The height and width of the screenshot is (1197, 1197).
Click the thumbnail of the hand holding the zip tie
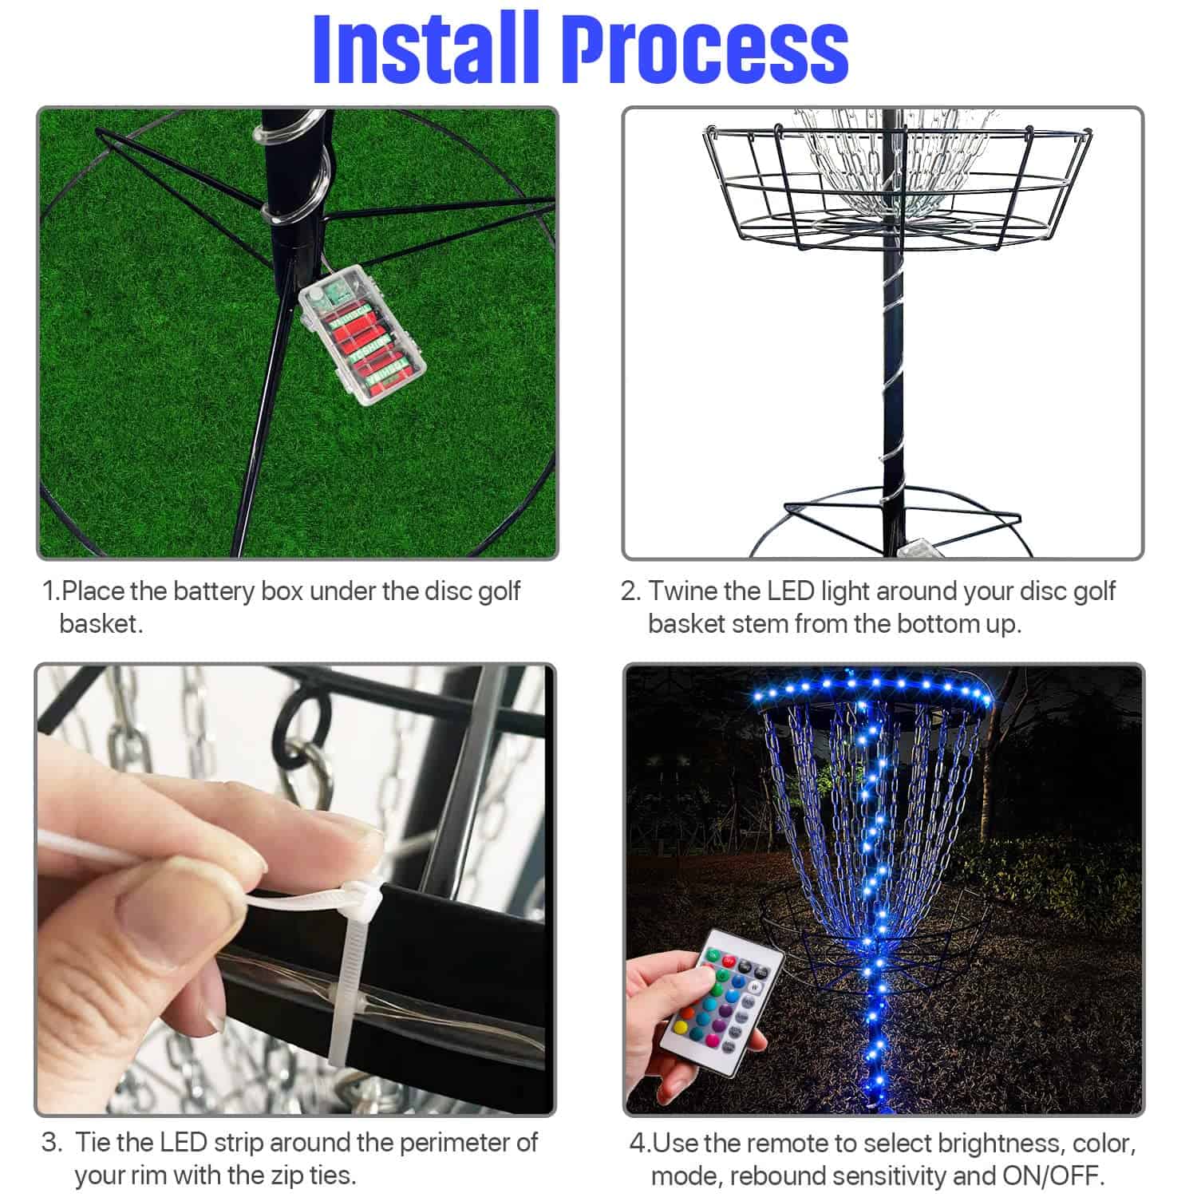(x=295, y=890)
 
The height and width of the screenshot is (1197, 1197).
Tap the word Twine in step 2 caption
(x=682, y=591)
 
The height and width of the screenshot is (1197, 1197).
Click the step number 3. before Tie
(x=52, y=1143)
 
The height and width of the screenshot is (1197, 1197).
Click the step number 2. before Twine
(x=630, y=591)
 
